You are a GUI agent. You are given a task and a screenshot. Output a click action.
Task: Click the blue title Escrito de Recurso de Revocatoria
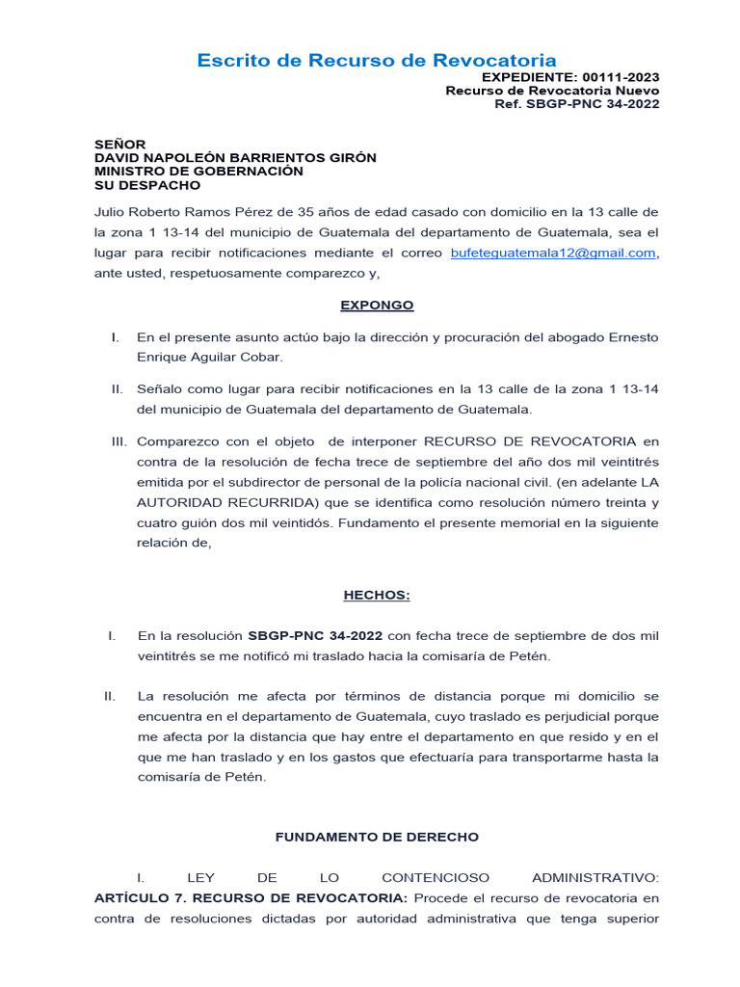pos(377,60)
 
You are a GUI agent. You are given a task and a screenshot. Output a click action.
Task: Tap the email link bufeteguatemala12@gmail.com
pos(553,253)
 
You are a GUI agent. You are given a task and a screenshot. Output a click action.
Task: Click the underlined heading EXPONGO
pos(377,305)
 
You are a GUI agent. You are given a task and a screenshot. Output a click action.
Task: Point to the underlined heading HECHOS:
pos(377,595)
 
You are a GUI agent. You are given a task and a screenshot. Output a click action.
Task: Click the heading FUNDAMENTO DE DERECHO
pos(377,838)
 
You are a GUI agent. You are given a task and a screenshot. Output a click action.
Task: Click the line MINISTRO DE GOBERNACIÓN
pos(198,172)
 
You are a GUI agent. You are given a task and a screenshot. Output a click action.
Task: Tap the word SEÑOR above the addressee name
pos(119,145)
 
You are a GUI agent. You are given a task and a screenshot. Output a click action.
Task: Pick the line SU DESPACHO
pos(147,185)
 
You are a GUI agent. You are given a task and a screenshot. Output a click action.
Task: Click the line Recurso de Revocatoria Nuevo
pos(552,91)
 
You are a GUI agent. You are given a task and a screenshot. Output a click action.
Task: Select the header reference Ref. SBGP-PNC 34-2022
pos(576,104)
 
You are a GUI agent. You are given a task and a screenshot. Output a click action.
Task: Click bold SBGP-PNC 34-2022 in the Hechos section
pos(315,636)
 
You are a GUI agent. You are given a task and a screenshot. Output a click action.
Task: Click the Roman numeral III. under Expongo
pos(120,441)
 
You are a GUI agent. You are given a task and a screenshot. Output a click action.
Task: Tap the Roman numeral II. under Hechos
pos(111,696)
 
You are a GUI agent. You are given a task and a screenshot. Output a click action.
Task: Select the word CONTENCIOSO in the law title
pos(436,878)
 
